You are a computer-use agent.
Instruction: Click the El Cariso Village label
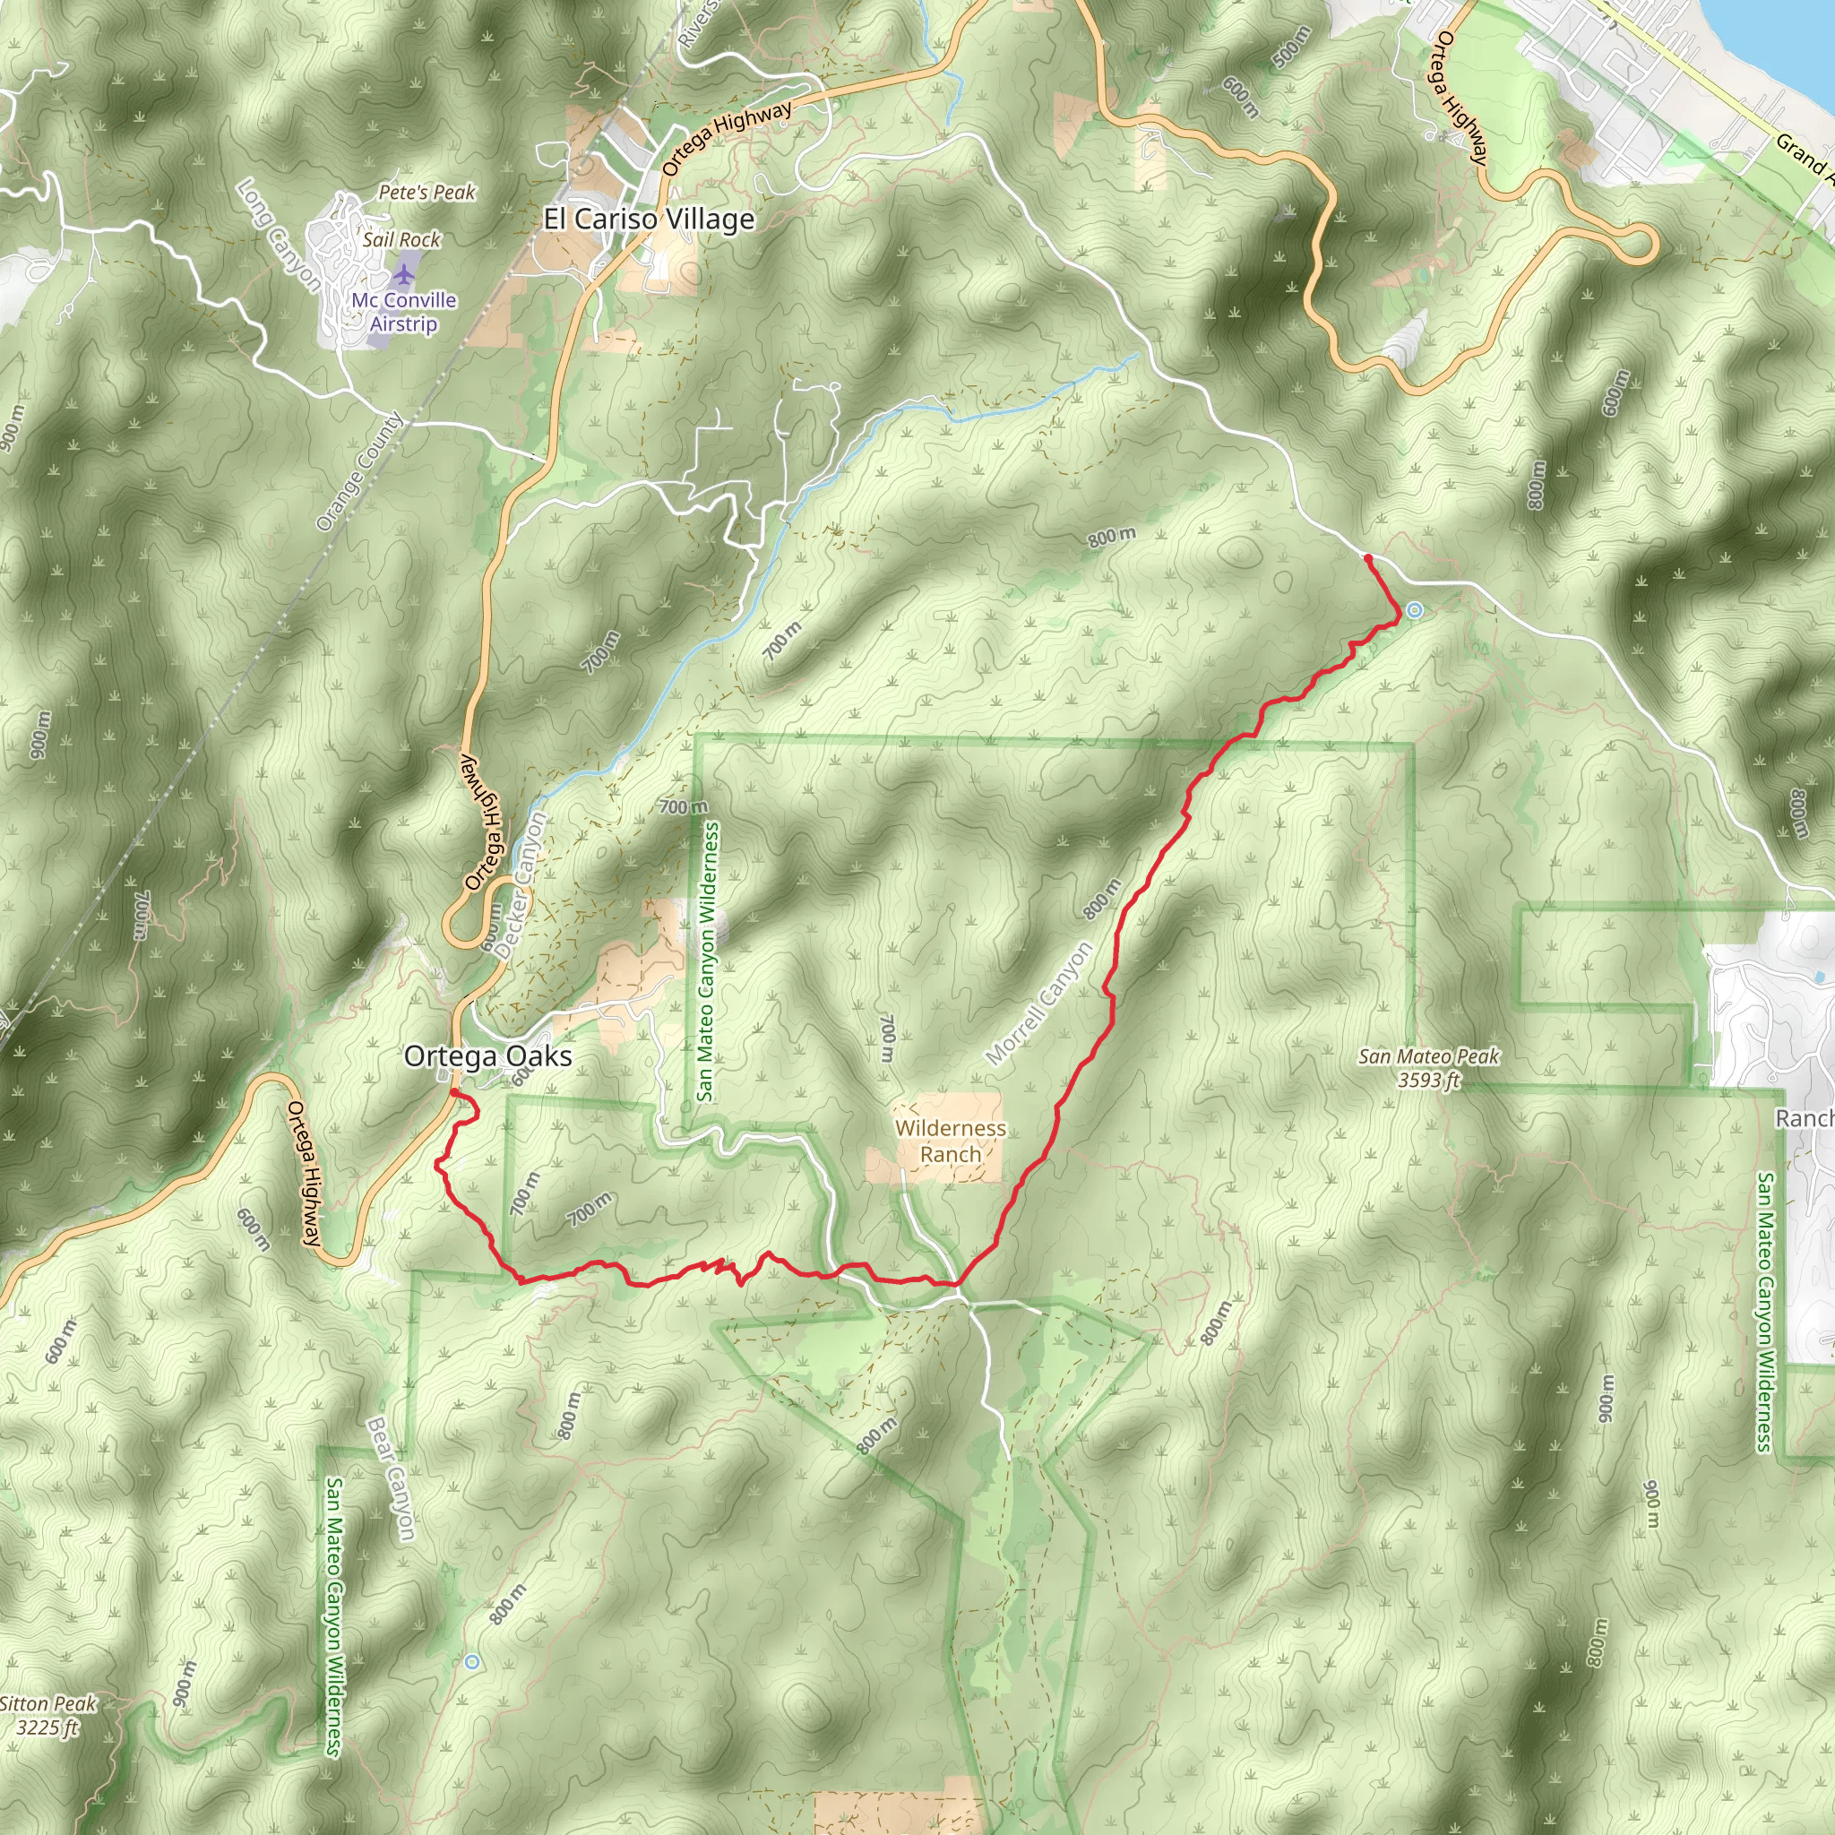click(649, 220)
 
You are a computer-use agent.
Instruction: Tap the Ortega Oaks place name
click(487, 1056)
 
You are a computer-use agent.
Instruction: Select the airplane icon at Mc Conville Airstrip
click(406, 275)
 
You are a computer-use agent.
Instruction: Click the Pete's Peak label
click(426, 192)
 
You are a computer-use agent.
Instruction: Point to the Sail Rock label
click(401, 239)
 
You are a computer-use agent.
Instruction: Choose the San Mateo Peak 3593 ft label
click(1428, 1067)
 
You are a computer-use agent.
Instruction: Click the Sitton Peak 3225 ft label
click(47, 1715)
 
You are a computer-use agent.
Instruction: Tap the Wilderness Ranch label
click(950, 1141)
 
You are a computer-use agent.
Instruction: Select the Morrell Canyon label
click(1039, 1003)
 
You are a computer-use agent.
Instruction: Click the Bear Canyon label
click(391, 1478)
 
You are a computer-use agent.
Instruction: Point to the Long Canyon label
click(279, 235)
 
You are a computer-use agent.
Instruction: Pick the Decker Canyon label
click(521, 885)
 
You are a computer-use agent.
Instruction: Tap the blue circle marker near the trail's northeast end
click(1414, 611)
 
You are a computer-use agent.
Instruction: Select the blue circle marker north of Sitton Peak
click(472, 1662)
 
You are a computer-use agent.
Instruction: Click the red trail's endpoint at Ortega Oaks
click(452, 1094)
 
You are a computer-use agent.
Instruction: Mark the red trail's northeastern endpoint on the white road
click(1366, 557)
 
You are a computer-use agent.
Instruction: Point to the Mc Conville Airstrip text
click(404, 313)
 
